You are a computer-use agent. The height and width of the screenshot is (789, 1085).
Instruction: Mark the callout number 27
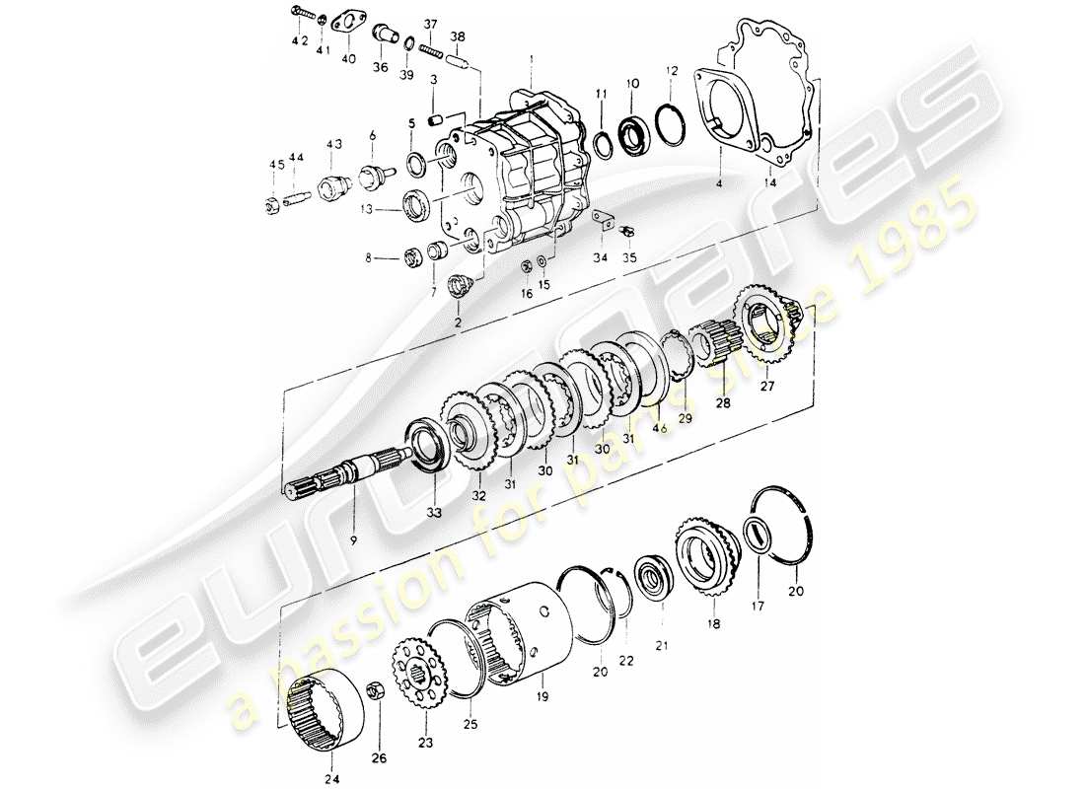coord(767,388)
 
